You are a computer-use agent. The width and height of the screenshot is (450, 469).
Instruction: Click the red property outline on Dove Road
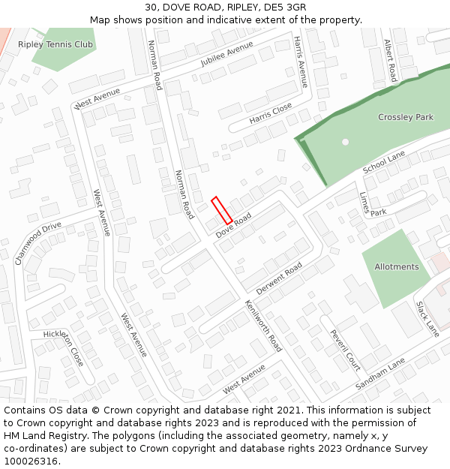coord(221,209)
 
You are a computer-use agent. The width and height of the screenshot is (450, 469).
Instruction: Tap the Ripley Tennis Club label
coord(55,44)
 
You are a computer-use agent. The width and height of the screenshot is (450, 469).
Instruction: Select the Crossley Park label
coord(405,117)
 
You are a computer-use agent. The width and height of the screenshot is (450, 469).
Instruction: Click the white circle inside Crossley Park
coord(345,142)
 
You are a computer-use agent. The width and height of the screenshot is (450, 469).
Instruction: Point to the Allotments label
coord(396,267)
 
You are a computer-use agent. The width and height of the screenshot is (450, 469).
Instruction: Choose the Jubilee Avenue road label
coord(227,55)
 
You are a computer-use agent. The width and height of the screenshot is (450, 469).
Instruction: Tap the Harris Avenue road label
coord(301,62)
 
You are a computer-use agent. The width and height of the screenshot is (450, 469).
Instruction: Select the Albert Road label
coord(390,61)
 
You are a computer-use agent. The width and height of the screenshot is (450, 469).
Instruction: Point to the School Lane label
coord(384,161)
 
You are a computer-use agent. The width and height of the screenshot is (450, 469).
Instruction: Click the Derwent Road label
coord(279,278)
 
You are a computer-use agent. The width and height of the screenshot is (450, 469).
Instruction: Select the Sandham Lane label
coord(380,372)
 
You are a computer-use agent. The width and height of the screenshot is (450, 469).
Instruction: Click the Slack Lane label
coord(427,319)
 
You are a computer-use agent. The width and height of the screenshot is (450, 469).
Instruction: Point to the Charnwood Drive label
coord(37,243)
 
